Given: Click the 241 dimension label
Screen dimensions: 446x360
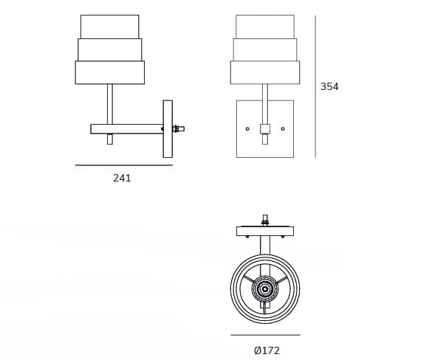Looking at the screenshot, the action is [122, 178].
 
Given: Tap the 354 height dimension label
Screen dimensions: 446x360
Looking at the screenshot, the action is [329, 86].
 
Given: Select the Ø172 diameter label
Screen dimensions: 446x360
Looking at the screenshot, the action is [267, 350].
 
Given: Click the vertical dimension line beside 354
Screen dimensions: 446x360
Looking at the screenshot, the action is [315, 86].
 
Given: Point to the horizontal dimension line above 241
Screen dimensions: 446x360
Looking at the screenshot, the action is [124, 165].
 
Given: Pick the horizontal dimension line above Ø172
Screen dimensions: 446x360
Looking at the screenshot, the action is [265, 335].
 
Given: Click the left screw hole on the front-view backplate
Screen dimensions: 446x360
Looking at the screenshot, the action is [247, 129].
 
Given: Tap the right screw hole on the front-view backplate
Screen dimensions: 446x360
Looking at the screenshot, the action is [283, 129].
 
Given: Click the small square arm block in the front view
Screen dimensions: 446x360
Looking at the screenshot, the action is [265, 129].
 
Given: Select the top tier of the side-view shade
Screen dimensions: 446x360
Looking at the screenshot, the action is [110, 27].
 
